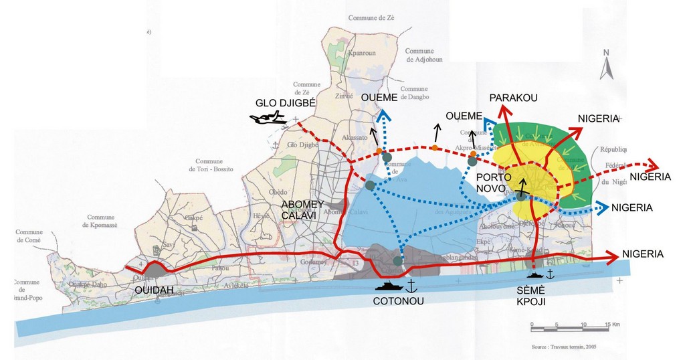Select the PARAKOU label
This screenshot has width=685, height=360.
[x=513, y=98]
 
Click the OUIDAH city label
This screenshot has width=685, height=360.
[x=154, y=290]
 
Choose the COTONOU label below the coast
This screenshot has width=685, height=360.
[x=398, y=300]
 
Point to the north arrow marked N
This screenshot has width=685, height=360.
[x=606, y=66]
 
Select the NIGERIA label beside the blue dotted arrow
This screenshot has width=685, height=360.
[x=632, y=207]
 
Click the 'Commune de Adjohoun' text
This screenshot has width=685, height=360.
[x=419, y=55]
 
